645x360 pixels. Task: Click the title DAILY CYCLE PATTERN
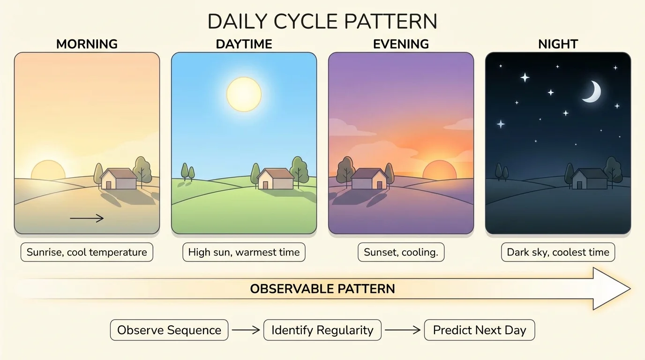(x=322, y=22)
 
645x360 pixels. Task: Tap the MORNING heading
(x=87, y=45)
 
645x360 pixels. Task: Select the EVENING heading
(x=401, y=45)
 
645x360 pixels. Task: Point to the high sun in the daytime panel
(x=244, y=94)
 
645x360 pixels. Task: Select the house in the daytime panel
(x=276, y=179)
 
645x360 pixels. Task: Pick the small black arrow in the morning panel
(x=87, y=218)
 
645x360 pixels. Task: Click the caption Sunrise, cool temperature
(x=87, y=252)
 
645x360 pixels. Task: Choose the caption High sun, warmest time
(x=244, y=252)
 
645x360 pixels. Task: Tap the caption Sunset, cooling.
(x=401, y=252)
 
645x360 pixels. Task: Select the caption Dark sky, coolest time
(x=558, y=252)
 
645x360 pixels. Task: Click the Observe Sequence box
(x=169, y=330)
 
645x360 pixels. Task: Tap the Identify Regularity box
(x=322, y=330)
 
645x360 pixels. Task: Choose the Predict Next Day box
(x=479, y=330)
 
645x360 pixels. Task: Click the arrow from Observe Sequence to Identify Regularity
(x=246, y=330)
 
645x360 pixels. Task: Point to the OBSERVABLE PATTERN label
(x=322, y=289)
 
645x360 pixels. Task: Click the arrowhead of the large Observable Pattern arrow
(x=609, y=289)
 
